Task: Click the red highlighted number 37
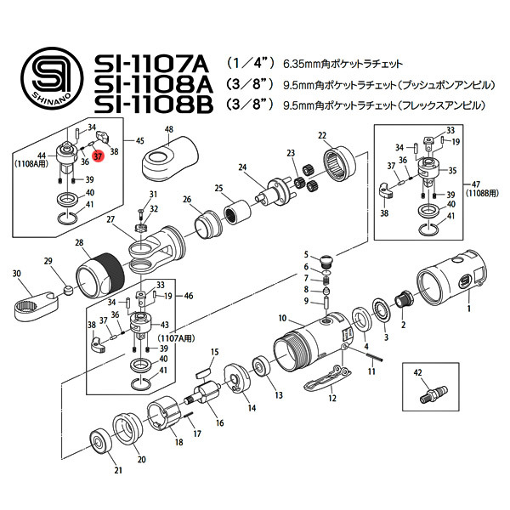(x=98, y=156)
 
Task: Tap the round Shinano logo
(x=52, y=78)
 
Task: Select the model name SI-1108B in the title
(x=154, y=105)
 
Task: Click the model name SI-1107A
(x=151, y=64)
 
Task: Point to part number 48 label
(x=169, y=129)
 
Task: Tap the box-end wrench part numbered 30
(x=36, y=304)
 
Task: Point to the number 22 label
(x=322, y=135)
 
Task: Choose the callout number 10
(x=282, y=318)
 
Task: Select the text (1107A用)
(x=176, y=338)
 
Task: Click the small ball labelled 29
(x=68, y=290)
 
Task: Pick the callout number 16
(x=220, y=422)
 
